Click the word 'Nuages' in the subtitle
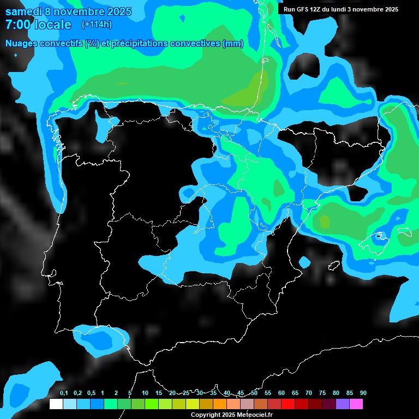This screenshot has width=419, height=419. (22, 44)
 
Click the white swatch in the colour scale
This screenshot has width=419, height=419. (56, 404)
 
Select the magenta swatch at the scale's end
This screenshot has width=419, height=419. (356, 404)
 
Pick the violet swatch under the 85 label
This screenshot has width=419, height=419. (343, 404)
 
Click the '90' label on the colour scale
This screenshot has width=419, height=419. (363, 393)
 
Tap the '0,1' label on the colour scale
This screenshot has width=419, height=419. (64, 393)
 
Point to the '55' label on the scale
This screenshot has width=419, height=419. (268, 393)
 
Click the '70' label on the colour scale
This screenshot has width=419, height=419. (309, 393)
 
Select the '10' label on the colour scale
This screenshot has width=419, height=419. (145, 393)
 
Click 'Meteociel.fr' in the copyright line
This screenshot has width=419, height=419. (254, 415)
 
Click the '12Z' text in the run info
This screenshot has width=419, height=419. (319, 9)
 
